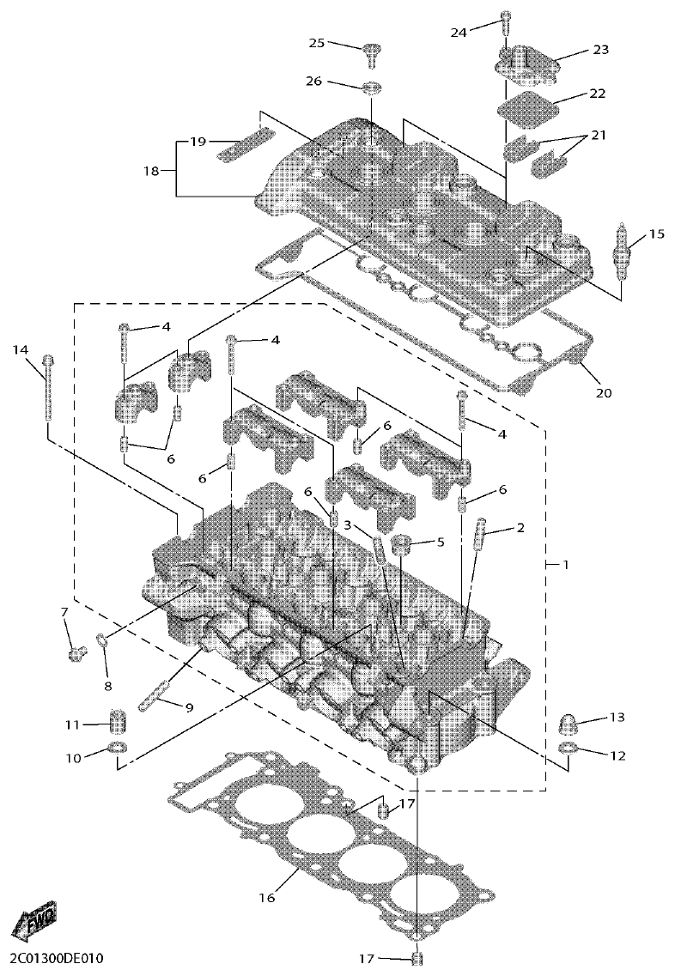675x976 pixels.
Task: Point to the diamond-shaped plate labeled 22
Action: pos(523,110)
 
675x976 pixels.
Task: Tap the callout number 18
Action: pos(152,170)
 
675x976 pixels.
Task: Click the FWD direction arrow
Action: pos(33,923)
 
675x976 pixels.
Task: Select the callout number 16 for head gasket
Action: pos(266,898)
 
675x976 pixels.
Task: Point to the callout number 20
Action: pos(605,393)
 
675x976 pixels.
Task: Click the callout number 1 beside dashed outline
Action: pos(566,564)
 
